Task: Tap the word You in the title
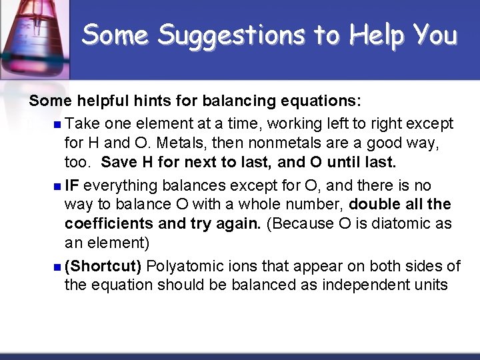[433, 34]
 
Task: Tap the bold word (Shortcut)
[103, 267]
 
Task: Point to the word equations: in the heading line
[319, 101]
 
